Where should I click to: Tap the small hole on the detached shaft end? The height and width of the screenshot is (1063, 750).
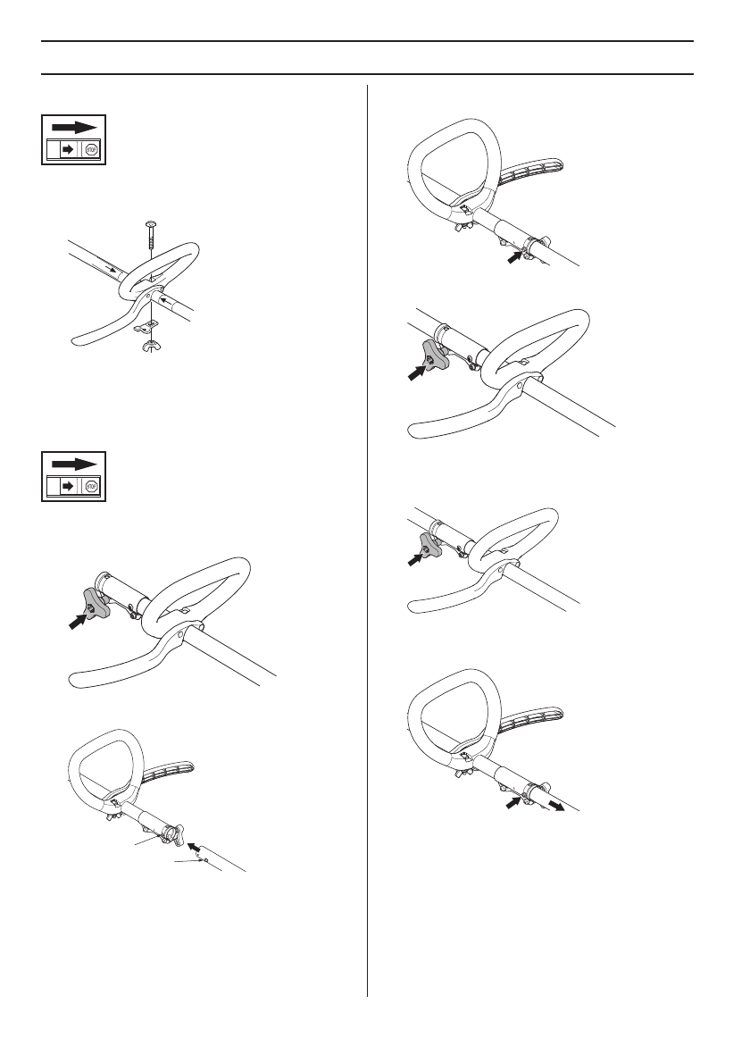(204, 857)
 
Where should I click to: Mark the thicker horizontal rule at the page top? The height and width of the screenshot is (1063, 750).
(368, 41)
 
